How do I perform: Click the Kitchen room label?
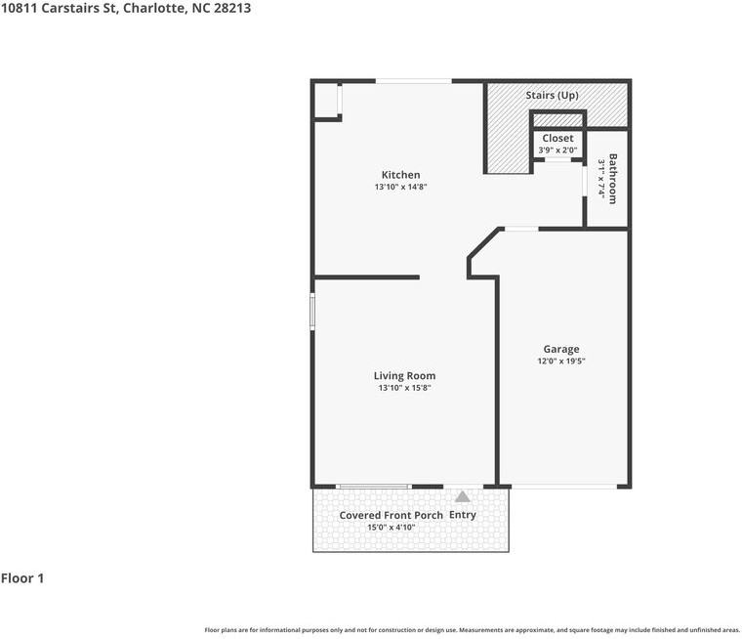400,175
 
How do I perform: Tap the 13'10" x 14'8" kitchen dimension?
400,187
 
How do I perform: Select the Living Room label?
404,375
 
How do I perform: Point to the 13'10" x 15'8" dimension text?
404,388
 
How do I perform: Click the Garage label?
561,349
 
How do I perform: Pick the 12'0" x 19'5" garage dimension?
561,361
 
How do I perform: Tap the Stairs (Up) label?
552,95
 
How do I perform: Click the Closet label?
557,139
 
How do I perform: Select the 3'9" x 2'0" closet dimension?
557,150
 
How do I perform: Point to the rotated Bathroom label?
613,178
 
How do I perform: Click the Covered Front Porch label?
391,515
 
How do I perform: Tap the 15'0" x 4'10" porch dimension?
391,528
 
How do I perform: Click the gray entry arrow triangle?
462,496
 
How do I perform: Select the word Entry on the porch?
463,515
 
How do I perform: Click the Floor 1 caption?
22,578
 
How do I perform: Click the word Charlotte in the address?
149,9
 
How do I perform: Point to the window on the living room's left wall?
312,312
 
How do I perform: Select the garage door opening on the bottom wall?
562,486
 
